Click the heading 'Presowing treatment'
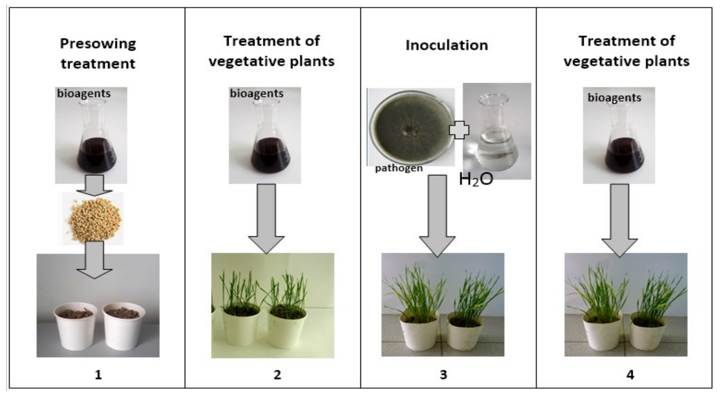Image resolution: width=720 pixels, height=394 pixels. coord(98,53)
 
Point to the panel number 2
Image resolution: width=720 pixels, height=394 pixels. coord(277,374)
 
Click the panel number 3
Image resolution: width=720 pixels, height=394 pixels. coord(443,374)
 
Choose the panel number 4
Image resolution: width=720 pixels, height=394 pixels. coord(630,374)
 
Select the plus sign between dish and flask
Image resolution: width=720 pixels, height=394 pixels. coord(459,130)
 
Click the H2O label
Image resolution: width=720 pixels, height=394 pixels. coord(476,180)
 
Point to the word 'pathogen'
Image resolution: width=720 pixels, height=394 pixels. coord(399,168)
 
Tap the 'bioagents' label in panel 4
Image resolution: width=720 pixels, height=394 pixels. coord(614,98)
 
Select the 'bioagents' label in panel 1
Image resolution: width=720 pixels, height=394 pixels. coord(84,93)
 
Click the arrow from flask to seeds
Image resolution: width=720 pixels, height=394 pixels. coord(94,185)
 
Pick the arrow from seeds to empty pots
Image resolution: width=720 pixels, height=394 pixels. coord(94,260)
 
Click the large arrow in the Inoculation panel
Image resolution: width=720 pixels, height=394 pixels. coord(437,215)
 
